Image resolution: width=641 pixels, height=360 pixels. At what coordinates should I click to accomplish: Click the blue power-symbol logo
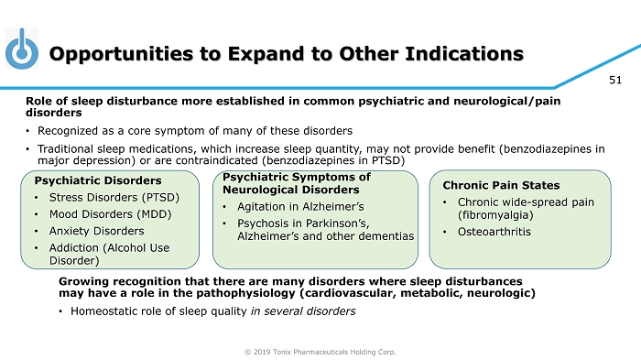[22, 49]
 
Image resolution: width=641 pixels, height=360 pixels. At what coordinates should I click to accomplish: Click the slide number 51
[615, 81]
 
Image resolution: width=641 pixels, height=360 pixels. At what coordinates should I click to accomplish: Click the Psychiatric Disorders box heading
[98, 180]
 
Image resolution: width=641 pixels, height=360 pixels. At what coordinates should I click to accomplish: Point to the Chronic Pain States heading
[501, 185]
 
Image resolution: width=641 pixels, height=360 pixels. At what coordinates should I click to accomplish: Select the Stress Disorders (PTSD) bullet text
[114, 198]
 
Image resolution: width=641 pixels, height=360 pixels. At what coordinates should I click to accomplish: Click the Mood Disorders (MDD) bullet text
[110, 214]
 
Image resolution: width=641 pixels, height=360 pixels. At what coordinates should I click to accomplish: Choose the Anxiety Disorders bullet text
[96, 231]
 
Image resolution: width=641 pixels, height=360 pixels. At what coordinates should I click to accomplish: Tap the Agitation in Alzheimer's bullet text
[300, 207]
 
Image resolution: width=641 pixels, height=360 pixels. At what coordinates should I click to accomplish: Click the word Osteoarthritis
[494, 232]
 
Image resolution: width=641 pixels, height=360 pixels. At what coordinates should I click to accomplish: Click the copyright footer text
[320, 352]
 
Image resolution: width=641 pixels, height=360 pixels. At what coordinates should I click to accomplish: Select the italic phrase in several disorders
[303, 311]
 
